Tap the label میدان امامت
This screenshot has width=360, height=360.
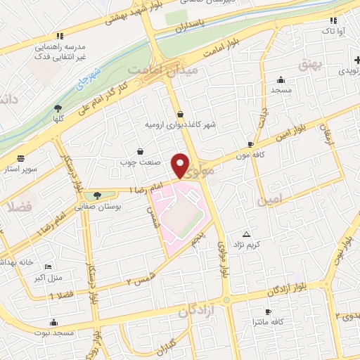164,70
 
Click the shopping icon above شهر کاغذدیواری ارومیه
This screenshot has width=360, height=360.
181,114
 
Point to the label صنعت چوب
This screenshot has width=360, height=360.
139,161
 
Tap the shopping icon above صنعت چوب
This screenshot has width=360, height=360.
140,151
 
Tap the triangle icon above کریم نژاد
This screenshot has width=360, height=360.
246,234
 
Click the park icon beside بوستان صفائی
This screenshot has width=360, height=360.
96,195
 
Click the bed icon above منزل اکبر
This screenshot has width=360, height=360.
48,267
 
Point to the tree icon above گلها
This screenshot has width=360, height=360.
58,108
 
